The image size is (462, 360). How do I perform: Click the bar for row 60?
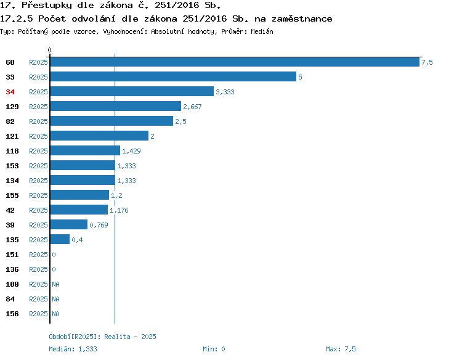[235, 62]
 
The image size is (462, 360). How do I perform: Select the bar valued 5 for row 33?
[173, 76]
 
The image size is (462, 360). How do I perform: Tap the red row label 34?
[10, 92]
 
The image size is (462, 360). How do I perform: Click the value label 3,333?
[225, 92]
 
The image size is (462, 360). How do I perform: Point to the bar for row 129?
[116, 106]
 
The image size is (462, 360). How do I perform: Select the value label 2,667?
[192, 107]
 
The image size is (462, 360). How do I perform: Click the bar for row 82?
[111, 121]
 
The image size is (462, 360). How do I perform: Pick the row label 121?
[12, 136]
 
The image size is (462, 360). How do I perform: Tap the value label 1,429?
[131, 151]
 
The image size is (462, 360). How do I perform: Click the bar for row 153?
[83, 165]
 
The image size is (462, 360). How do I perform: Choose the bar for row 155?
[79, 195]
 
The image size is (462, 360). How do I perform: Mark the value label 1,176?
[119, 210]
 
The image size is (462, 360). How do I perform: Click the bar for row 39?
[69, 224]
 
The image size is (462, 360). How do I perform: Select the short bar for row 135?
[60, 239]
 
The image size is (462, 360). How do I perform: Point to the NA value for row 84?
[55, 299]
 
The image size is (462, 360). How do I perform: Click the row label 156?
[12, 314]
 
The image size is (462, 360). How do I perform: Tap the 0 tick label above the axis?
[49, 50]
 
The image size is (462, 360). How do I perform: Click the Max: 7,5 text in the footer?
[341, 349]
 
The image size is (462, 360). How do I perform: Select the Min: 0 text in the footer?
[214, 349]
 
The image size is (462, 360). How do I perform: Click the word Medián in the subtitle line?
[262, 31]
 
